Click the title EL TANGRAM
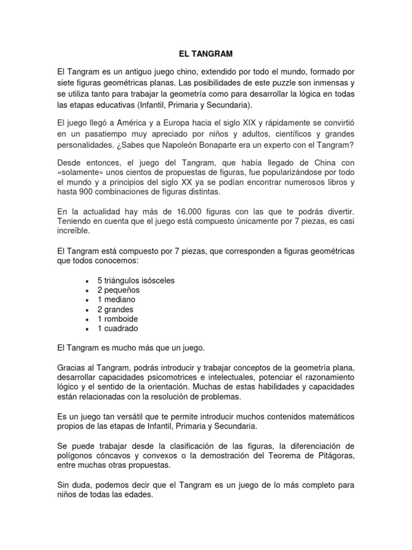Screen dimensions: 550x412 pyautogui.click(x=206, y=54)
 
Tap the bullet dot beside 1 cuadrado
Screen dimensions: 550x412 pyautogui.click(x=86, y=329)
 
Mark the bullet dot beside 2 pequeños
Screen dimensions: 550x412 pyautogui.click(x=86, y=291)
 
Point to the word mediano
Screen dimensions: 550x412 pyautogui.click(x=120, y=300)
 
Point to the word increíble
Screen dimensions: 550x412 pyautogui.click(x=76, y=230)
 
